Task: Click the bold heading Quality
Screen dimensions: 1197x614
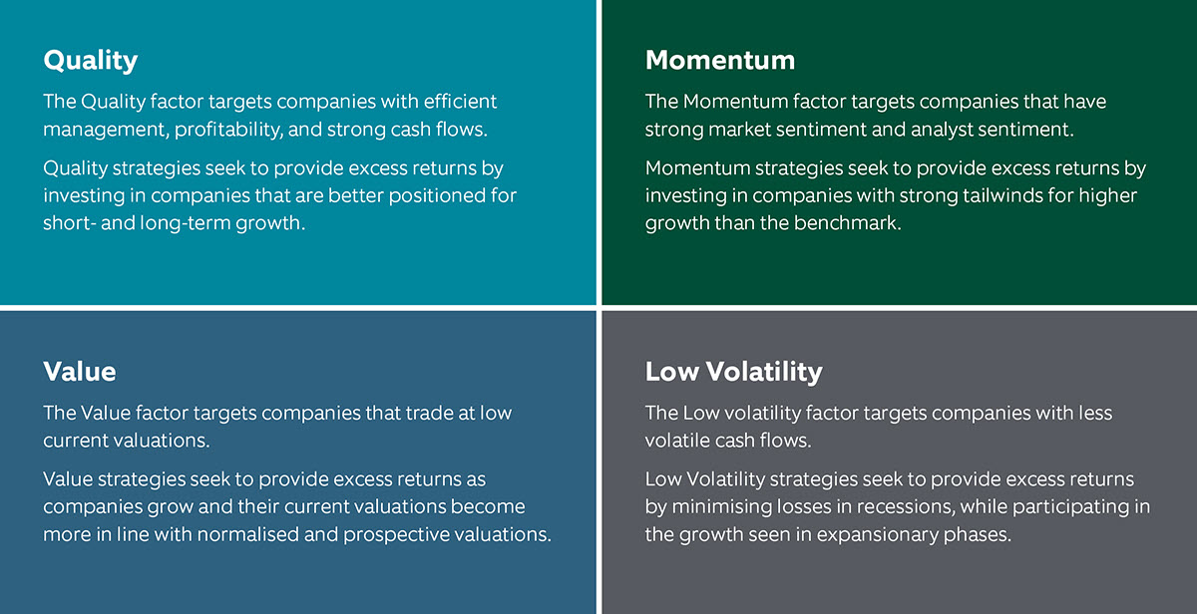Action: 91,61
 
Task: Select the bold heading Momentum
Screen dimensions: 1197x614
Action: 720,60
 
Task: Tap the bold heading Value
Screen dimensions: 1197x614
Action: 80,372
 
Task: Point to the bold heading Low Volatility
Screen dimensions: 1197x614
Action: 734,372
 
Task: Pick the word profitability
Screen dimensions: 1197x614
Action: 228,130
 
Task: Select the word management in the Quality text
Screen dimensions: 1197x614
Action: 106,130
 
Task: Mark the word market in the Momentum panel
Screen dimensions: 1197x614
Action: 739,130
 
